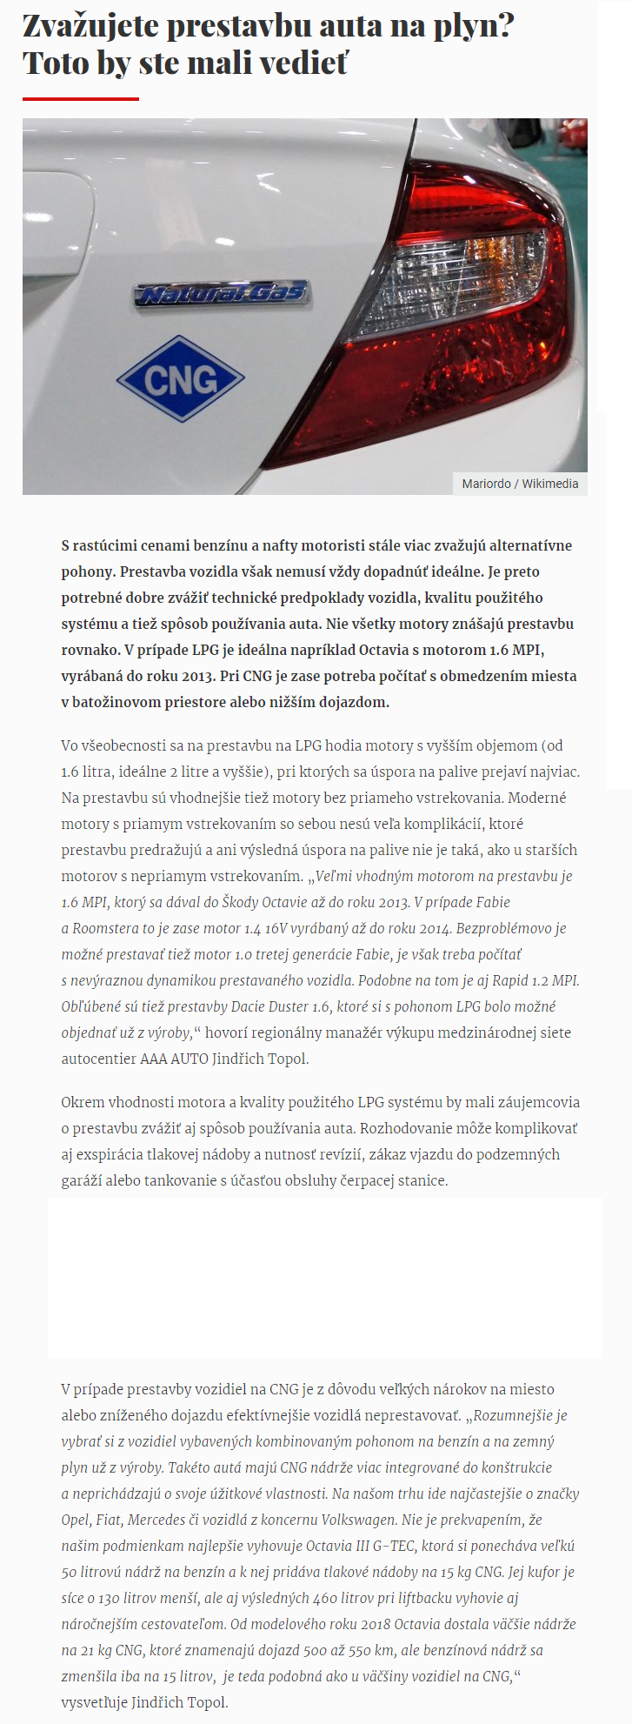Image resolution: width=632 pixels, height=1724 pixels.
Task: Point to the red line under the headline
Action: click(x=81, y=98)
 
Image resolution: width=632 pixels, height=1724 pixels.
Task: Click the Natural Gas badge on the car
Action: click(x=222, y=294)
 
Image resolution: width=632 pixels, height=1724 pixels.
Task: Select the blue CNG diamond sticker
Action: click(x=181, y=378)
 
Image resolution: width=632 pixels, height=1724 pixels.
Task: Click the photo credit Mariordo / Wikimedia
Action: click(x=520, y=484)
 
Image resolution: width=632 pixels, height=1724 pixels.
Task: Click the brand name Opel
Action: click(x=77, y=1520)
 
